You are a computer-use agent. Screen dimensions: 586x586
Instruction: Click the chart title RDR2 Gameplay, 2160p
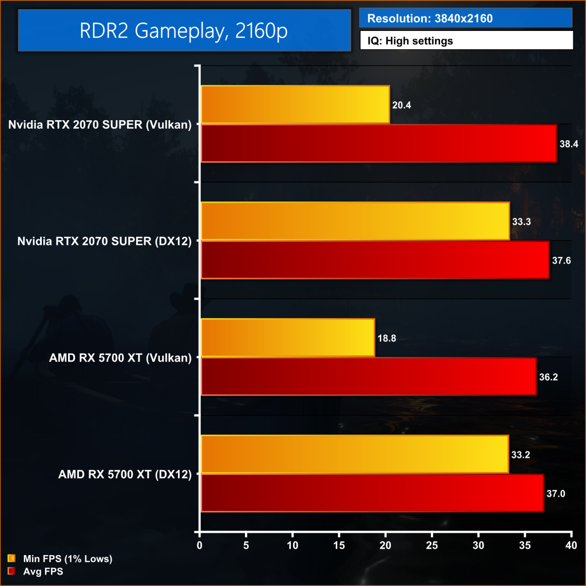[184, 30]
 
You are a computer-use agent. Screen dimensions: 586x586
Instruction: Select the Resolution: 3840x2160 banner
[466, 18]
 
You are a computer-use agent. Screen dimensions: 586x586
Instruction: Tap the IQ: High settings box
[466, 41]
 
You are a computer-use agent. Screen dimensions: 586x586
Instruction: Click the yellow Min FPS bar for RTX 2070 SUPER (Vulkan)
[295, 105]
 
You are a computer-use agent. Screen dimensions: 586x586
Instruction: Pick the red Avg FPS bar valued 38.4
[378, 144]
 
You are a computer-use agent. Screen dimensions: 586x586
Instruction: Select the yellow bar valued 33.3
[355, 221]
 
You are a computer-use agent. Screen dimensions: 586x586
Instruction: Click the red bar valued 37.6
[375, 260]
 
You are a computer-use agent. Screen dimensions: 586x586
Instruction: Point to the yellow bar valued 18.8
[287, 338]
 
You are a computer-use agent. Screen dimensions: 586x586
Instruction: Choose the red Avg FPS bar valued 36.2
[369, 377]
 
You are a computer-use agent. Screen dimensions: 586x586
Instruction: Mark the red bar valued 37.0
[372, 493]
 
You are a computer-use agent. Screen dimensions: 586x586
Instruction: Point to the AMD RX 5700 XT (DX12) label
[125, 474]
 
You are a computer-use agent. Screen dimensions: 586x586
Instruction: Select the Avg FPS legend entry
[43, 571]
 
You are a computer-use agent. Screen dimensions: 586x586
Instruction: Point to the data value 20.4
[402, 105]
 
